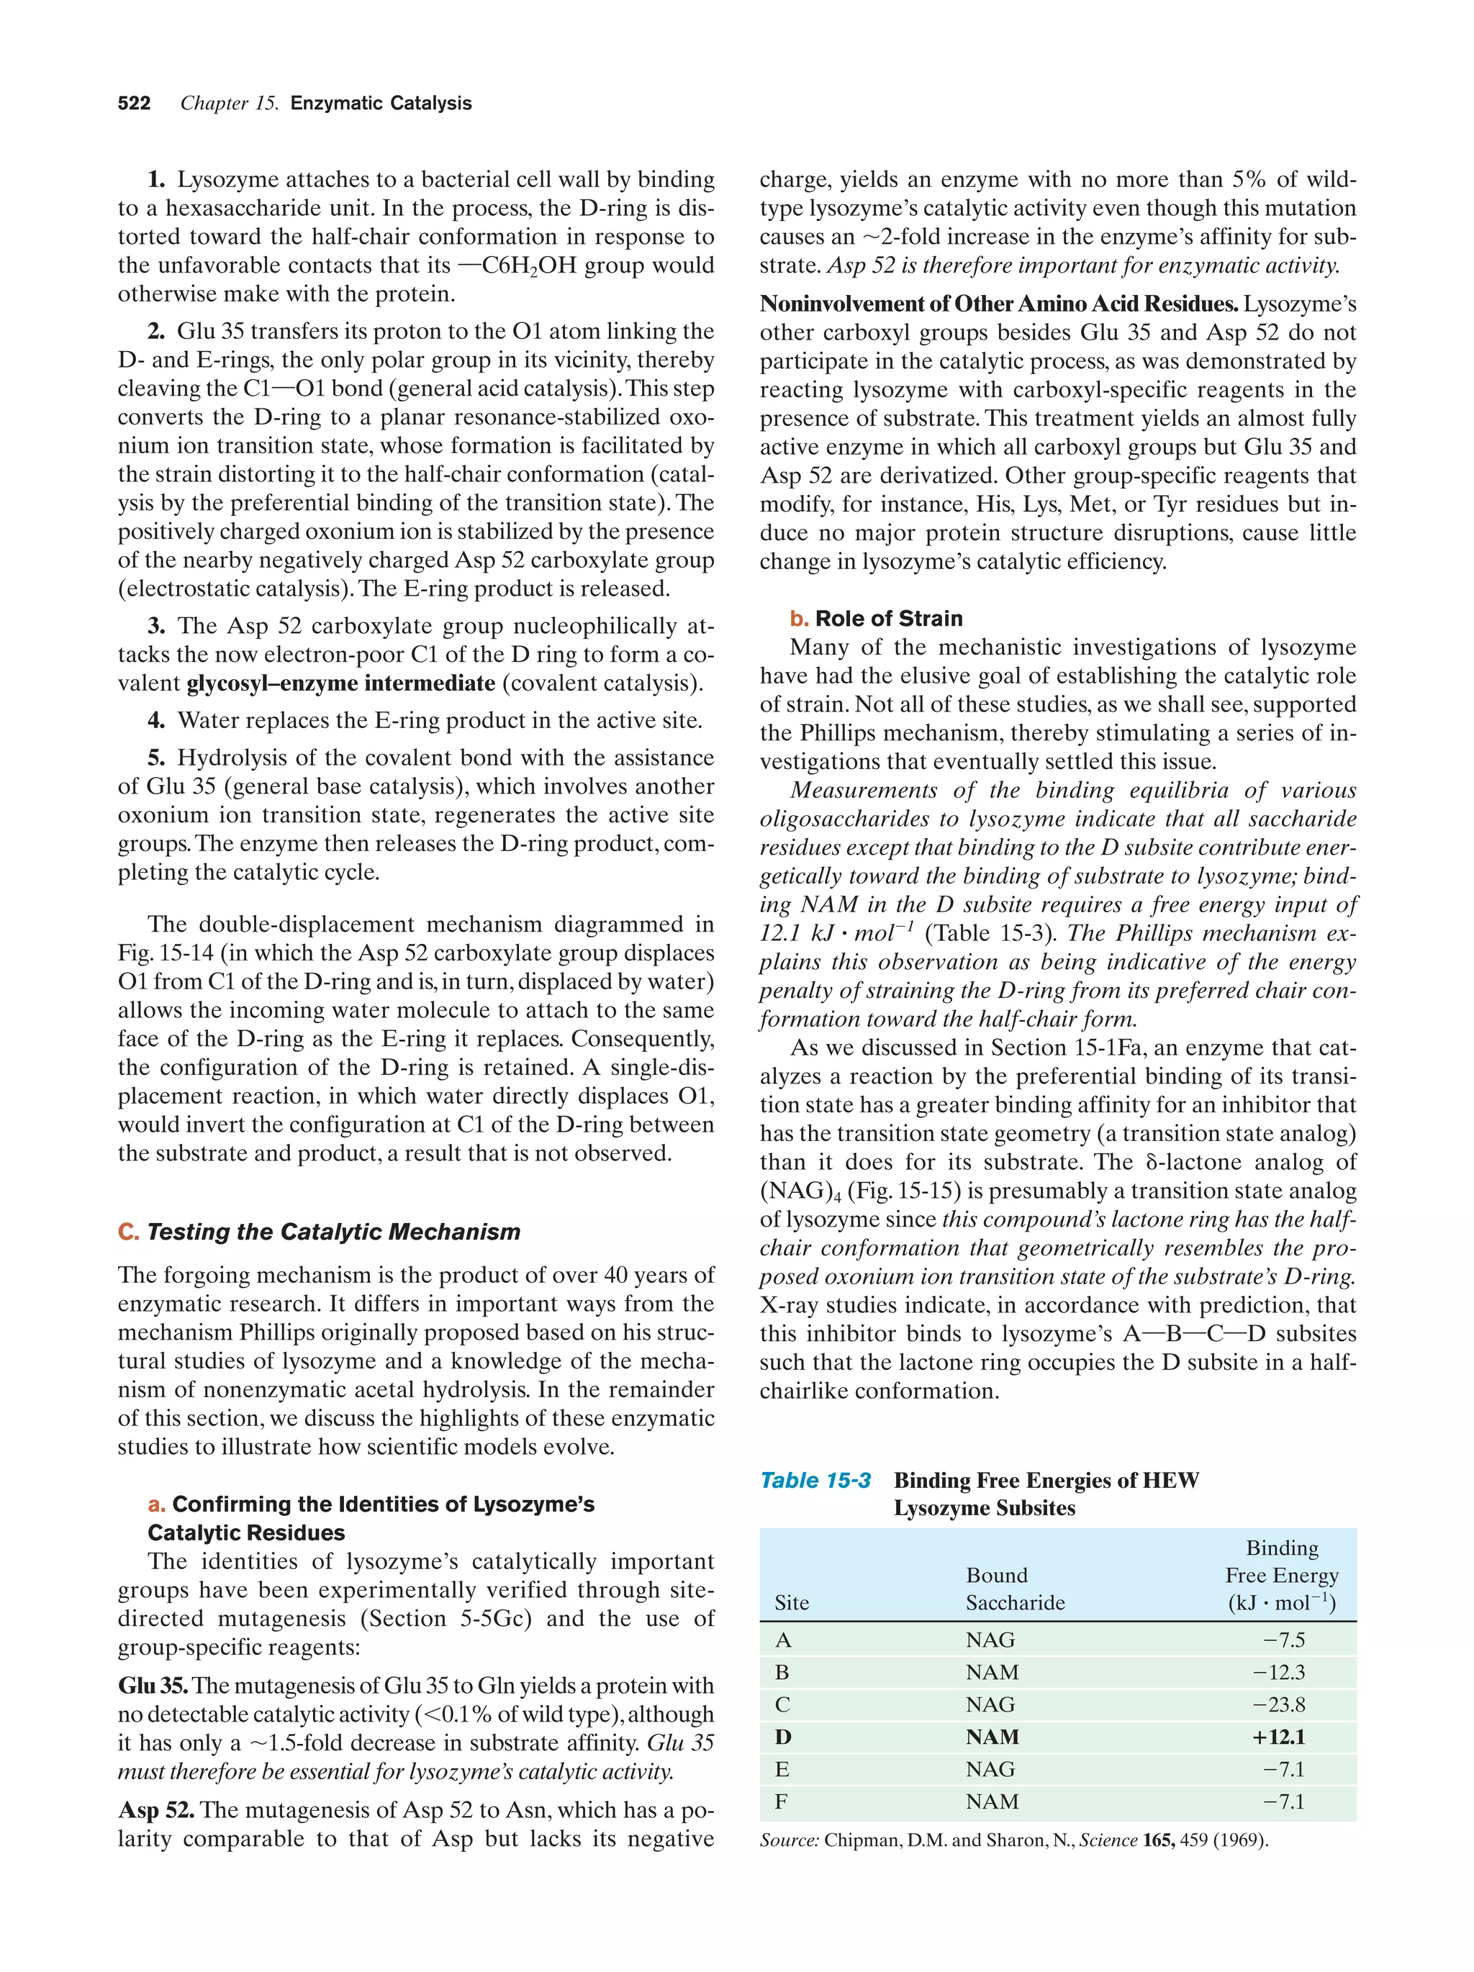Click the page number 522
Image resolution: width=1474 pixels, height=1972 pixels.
click(x=134, y=104)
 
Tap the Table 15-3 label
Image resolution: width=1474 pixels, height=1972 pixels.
click(x=815, y=1481)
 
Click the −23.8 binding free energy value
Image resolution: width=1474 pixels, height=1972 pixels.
click(x=1283, y=1704)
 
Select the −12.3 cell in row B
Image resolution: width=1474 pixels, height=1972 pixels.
click(x=1283, y=1673)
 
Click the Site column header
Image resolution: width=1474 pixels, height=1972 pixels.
click(x=792, y=1603)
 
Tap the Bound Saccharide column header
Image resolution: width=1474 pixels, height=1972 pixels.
click(x=1015, y=1589)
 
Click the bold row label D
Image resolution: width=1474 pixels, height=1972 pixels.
click(x=783, y=1737)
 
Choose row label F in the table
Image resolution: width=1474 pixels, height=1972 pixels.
click(x=781, y=1801)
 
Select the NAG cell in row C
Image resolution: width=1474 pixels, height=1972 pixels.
click(x=990, y=1704)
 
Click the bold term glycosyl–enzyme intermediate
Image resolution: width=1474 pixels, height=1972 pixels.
click(x=340, y=683)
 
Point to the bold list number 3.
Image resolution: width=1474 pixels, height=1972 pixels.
click(x=156, y=627)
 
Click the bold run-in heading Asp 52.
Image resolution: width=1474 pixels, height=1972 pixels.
click(x=156, y=1811)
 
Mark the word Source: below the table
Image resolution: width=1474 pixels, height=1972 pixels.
click(x=788, y=1840)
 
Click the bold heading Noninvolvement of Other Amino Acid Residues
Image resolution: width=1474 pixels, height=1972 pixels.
click(x=998, y=305)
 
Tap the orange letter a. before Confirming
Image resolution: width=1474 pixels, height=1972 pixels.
click(x=157, y=1505)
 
